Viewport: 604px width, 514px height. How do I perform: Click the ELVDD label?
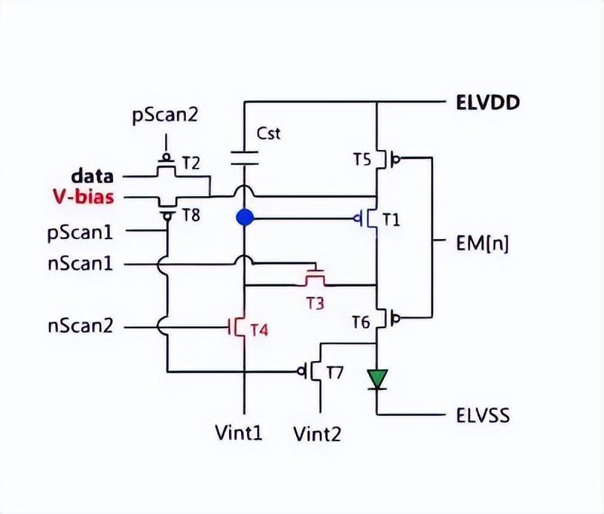(487, 102)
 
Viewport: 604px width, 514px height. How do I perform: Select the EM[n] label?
(481, 243)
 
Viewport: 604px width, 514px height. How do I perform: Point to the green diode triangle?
(378, 380)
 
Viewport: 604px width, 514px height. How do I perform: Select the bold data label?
(92, 177)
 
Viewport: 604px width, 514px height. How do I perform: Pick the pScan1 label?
(80, 232)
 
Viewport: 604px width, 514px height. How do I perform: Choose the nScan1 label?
(80, 263)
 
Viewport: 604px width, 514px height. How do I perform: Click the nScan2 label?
(80, 325)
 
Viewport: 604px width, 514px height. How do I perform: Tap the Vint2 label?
(319, 432)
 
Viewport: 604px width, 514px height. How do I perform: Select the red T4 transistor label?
(258, 330)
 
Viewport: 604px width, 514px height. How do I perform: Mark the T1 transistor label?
(391, 219)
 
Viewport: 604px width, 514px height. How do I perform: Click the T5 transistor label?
(361, 158)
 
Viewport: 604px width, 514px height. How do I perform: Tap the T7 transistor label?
(334, 372)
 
